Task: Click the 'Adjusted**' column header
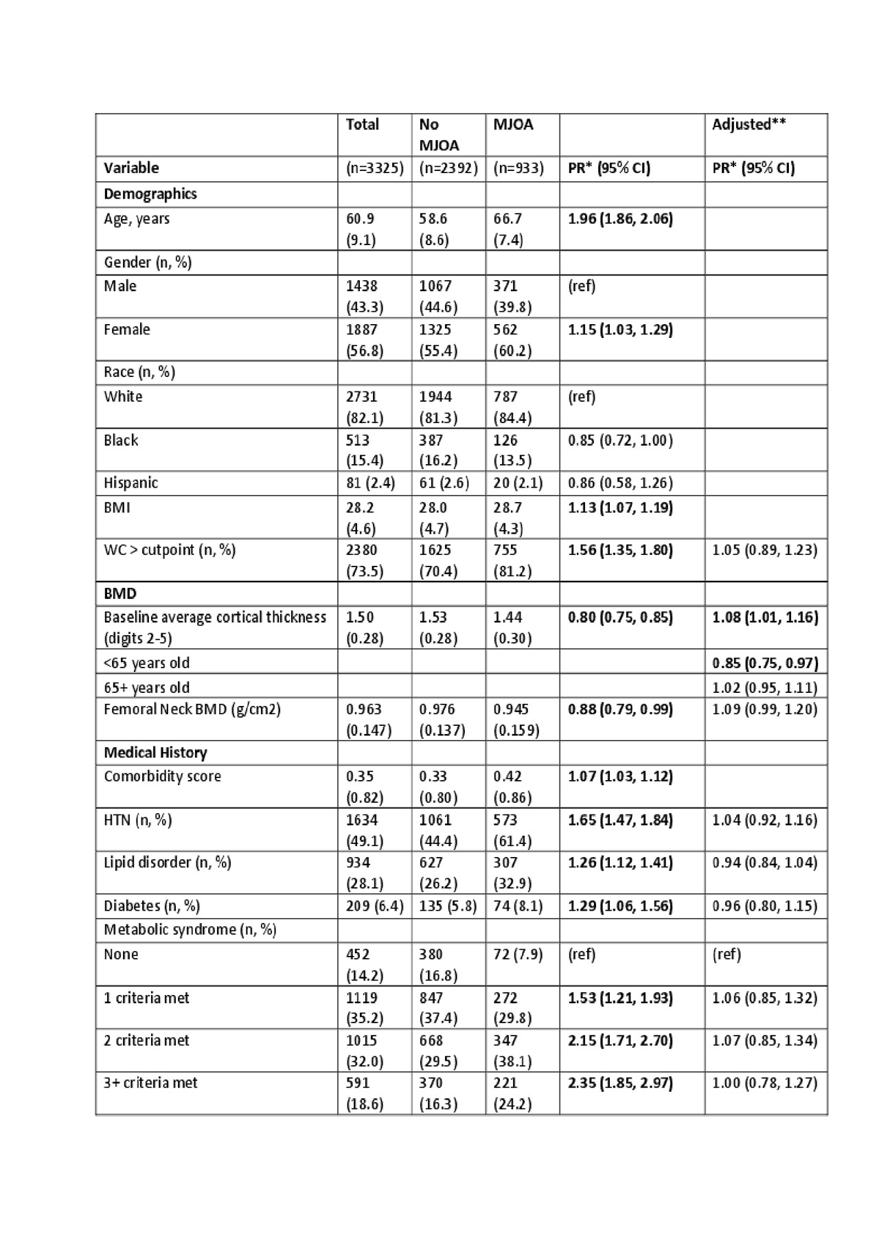click(x=749, y=124)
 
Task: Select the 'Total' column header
click(x=362, y=124)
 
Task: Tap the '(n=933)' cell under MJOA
click(x=518, y=168)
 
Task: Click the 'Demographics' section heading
click(x=150, y=194)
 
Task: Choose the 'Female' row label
click(x=126, y=330)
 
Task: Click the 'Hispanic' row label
click(x=130, y=483)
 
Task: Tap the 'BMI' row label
click(x=117, y=507)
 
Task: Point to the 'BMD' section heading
click(x=119, y=593)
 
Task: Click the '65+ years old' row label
click(x=146, y=687)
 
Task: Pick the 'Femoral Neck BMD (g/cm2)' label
click(x=192, y=709)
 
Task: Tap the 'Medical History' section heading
click(x=155, y=753)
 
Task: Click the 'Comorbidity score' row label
click(x=162, y=777)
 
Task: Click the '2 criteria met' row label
click(x=146, y=1040)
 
